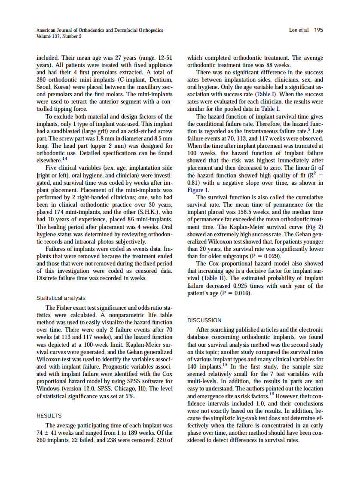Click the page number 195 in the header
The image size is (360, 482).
click(319, 30)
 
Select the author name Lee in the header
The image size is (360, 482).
click(295, 30)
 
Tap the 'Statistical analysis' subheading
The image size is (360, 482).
click(61, 298)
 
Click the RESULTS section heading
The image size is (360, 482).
click(49, 415)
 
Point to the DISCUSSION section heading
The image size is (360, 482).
click(204, 320)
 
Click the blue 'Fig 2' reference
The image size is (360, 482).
click(314, 226)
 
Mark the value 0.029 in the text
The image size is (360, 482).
click(268, 256)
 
